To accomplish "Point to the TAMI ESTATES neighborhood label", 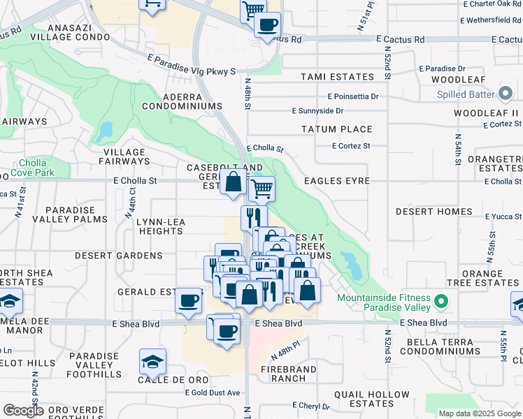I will click(337, 77).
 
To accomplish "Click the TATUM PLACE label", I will click(336, 129).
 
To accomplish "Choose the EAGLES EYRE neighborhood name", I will click(336, 180).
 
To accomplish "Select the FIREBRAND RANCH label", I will click(284, 373).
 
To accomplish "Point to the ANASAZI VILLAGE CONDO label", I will click(76, 31).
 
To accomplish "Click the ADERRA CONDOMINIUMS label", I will click(182, 101).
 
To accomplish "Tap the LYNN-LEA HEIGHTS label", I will click(159, 226).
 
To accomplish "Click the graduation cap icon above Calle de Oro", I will click(152, 361).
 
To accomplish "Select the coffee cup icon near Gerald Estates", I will click(187, 300).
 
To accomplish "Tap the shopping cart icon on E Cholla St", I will click(261, 187).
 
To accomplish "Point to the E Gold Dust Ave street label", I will click(213, 393).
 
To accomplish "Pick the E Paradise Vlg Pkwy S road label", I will click(191, 66).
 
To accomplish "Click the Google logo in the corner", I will click(23, 411).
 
